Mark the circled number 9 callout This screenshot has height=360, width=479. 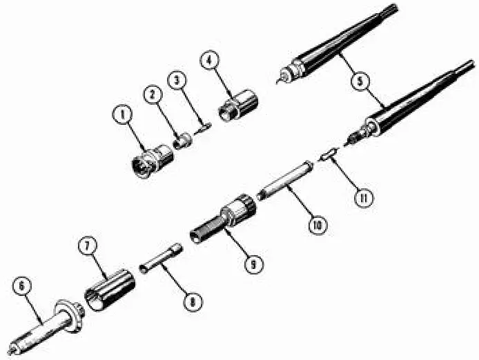(x=256, y=261)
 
